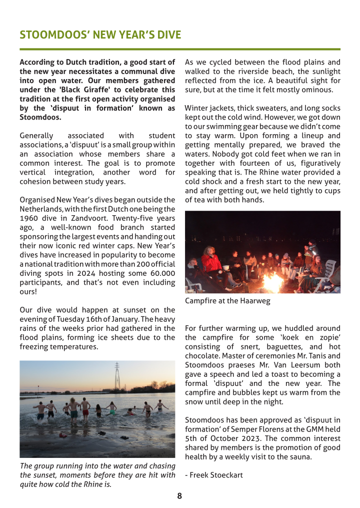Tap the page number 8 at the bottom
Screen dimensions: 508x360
coord(179,496)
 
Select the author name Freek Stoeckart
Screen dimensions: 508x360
coord(216,474)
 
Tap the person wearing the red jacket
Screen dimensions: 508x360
coord(211,262)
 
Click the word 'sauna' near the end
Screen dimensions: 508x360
coord(300,456)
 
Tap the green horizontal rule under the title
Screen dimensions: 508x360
coord(179,49)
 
